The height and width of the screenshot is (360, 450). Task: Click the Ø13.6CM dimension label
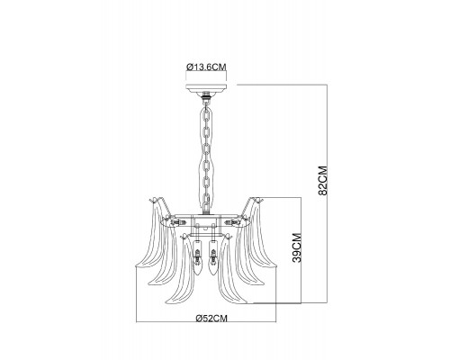206,67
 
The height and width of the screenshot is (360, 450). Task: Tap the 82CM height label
323,181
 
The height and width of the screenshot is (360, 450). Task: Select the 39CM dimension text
296,247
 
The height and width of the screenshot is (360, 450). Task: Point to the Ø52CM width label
211,318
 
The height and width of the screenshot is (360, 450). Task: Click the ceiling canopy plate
206,88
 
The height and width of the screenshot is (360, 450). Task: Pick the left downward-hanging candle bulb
197,257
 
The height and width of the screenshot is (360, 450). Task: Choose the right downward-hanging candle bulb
213,257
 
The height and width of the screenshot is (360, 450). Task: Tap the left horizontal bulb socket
178,222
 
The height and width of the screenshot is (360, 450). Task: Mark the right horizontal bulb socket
233,222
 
